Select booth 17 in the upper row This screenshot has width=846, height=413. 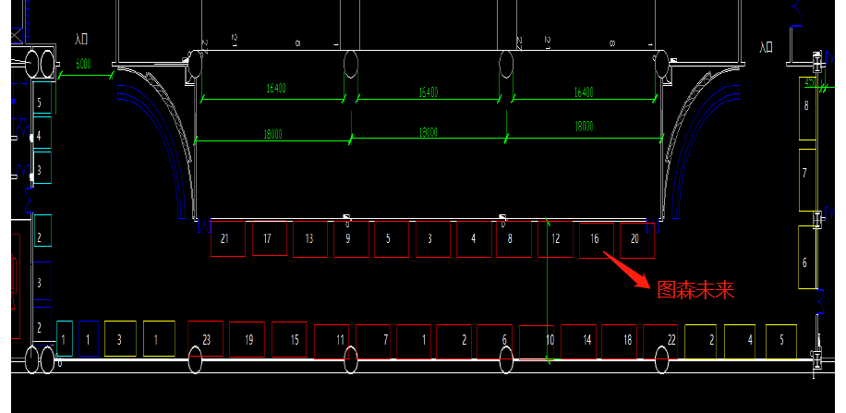pos(269,238)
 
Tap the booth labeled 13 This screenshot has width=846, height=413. pos(309,238)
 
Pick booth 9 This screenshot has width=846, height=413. pos(350,238)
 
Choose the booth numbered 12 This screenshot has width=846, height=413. pos(555,238)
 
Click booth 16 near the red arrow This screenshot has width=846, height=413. pos(596,238)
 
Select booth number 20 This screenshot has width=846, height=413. pos(636,238)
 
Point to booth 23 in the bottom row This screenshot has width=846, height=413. pos(206,339)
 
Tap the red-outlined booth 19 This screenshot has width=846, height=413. pos(248,339)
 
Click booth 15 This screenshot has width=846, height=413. pos(295,339)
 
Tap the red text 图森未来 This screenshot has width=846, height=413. pos(695,290)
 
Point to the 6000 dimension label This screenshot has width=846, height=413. pos(83,64)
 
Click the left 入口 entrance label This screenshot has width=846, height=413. pos(82,39)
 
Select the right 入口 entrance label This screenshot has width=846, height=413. pos(766,47)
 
